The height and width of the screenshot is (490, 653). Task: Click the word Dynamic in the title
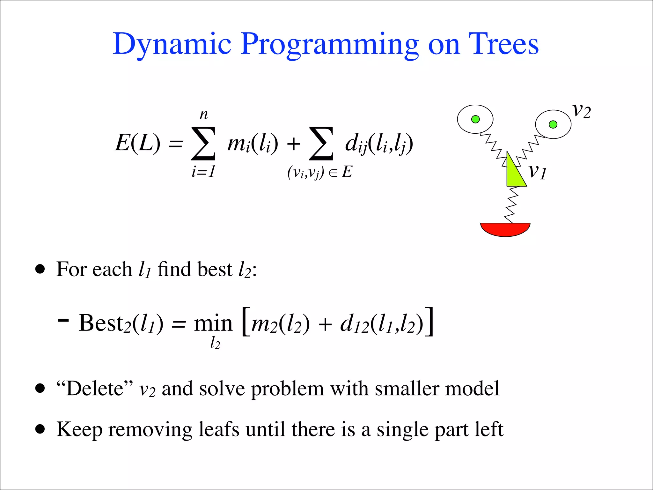click(x=172, y=44)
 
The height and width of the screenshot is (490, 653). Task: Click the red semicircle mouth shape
click(x=505, y=229)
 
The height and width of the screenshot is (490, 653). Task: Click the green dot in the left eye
click(x=475, y=119)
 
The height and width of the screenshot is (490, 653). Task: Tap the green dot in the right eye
click(x=553, y=124)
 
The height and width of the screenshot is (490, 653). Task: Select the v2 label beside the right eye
click(x=582, y=111)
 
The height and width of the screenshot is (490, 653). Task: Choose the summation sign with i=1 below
click(x=203, y=143)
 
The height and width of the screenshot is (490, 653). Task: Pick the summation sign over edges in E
click(x=321, y=143)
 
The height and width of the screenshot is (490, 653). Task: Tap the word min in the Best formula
click(x=213, y=323)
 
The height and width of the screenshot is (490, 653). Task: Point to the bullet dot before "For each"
click(x=40, y=269)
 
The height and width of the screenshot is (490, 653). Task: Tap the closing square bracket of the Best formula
click(x=430, y=322)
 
